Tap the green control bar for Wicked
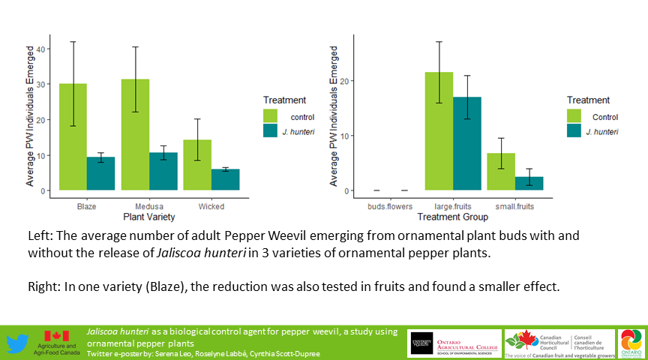tap(197, 164)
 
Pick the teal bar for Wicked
tap(225, 179)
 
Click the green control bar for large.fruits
tap(439, 131)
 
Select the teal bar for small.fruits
tap(529, 184)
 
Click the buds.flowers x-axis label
tap(390, 206)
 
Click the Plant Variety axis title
tap(149, 217)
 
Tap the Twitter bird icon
tap(18, 343)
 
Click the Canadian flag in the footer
tap(57, 337)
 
